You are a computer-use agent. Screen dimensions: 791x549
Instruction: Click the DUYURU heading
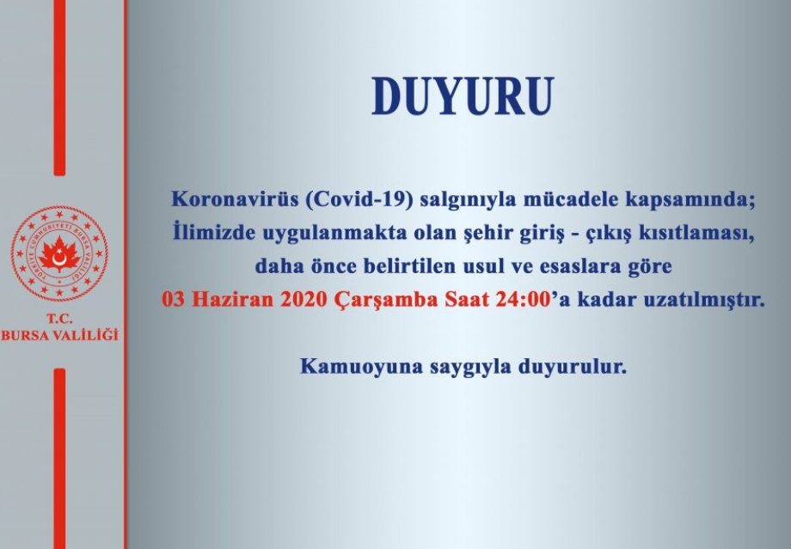click(463, 97)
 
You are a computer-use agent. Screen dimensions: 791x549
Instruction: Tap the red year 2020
click(304, 300)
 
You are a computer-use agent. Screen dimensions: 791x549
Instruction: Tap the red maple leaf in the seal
click(59, 254)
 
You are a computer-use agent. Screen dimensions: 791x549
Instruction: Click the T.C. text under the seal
click(59, 319)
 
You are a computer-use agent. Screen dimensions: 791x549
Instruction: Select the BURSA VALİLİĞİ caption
click(59, 335)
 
